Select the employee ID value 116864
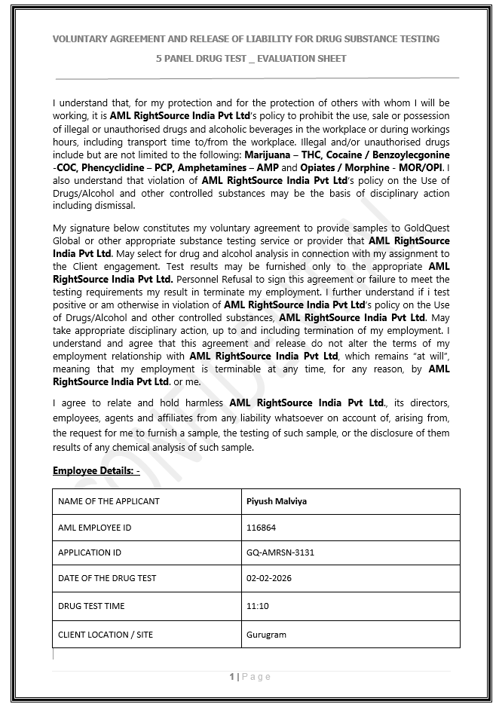(x=262, y=528)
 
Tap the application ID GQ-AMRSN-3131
(x=280, y=552)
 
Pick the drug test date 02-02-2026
(x=269, y=578)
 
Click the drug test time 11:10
(x=258, y=606)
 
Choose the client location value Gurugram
(x=266, y=635)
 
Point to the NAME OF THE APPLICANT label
(x=109, y=501)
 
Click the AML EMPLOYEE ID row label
(x=94, y=528)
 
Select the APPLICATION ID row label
(x=90, y=552)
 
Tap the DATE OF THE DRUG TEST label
(x=107, y=578)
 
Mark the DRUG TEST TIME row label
(x=91, y=606)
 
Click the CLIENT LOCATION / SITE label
(x=106, y=635)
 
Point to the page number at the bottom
(x=249, y=677)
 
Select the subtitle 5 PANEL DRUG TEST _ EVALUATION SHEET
(x=250, y=58)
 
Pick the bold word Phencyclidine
(x=114, y=167)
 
